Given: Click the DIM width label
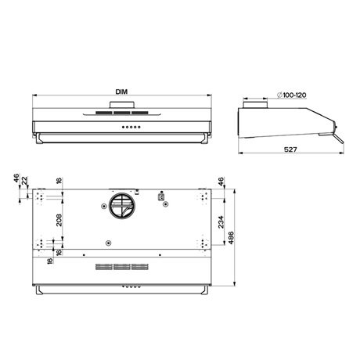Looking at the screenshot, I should click(121, 92).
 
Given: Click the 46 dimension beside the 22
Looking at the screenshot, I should click(16, 179).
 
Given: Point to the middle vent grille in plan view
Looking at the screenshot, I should click(122, 267).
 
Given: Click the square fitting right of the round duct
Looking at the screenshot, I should click(163, 199).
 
